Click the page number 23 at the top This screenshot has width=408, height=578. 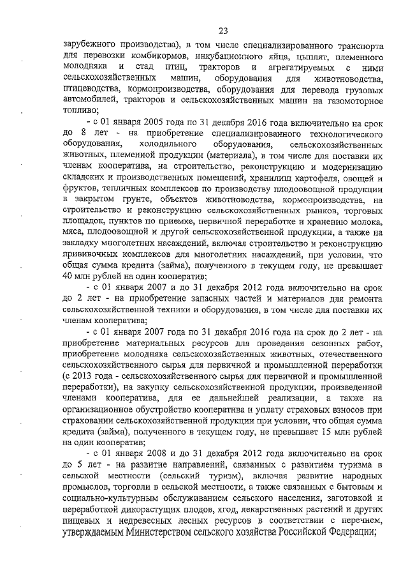[222, 30]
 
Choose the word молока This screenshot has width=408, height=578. [367, 224]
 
